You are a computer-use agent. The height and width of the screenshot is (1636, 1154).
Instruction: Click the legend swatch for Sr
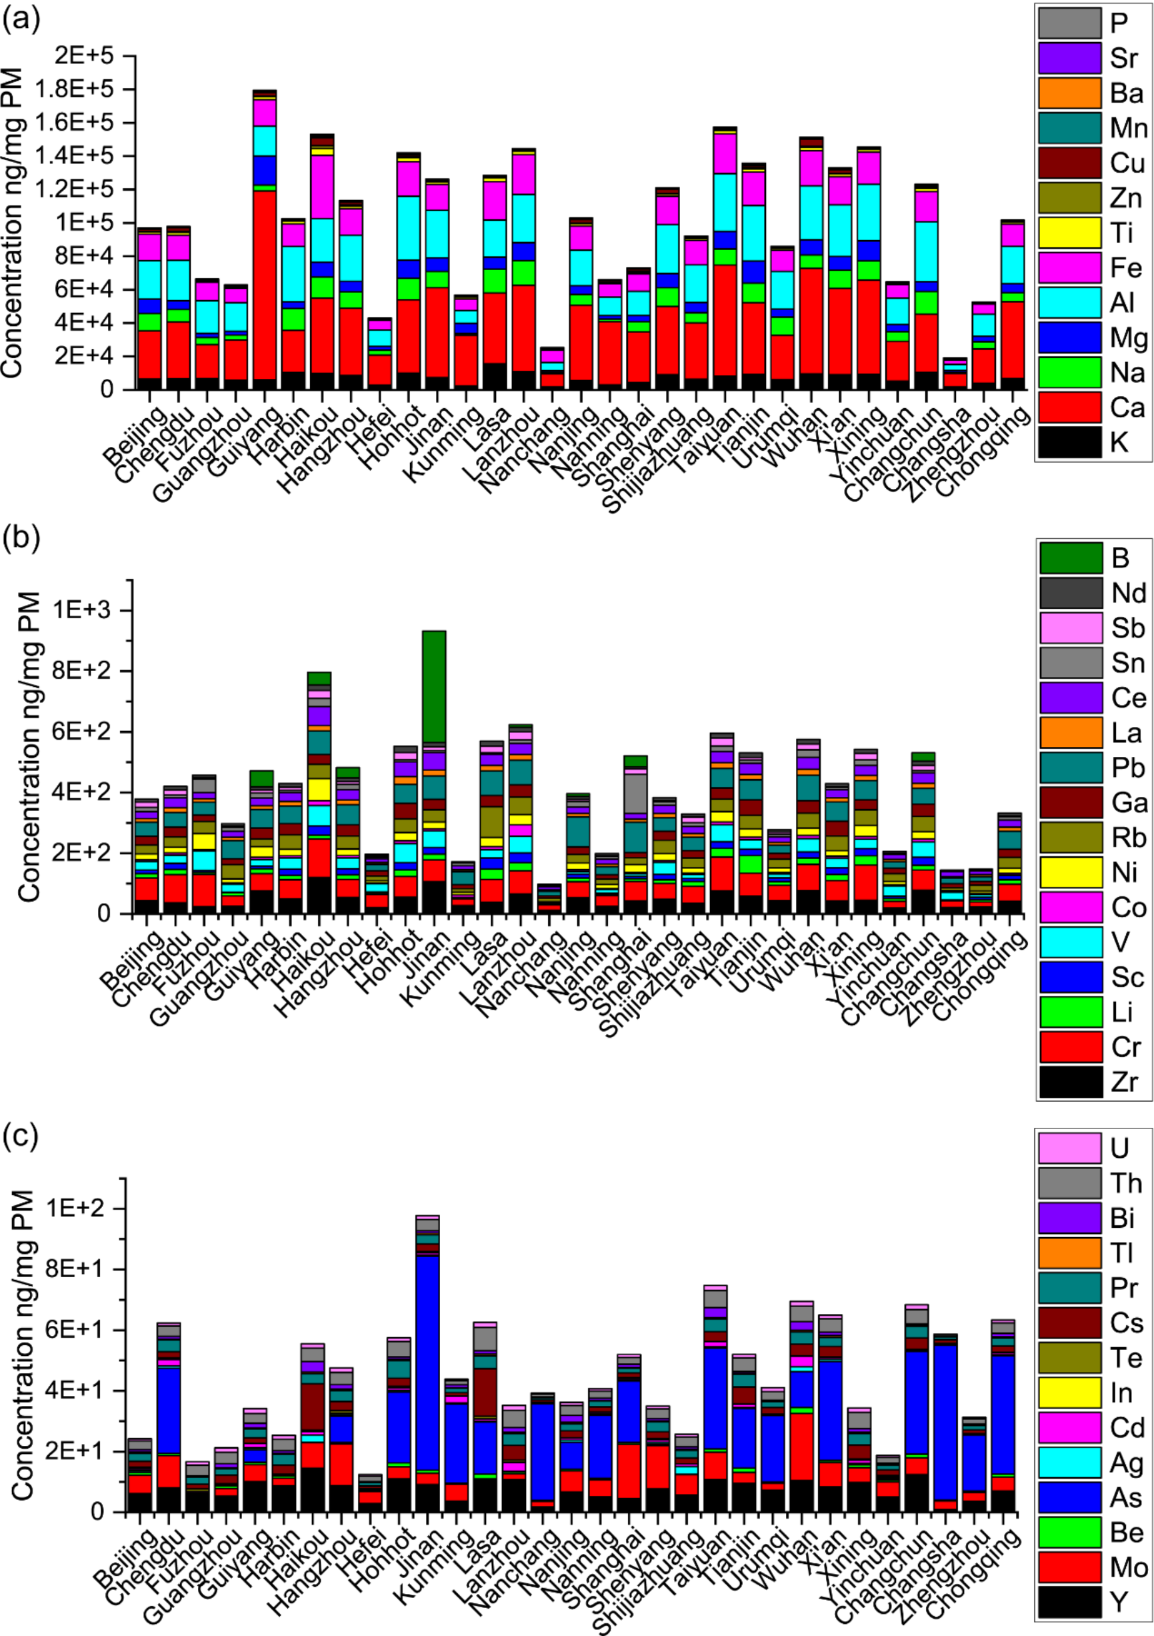point(1069,58)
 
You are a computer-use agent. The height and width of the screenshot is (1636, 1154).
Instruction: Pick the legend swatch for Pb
point(1071,768)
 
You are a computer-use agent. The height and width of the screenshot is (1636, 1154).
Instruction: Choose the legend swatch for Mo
point(1069,1567)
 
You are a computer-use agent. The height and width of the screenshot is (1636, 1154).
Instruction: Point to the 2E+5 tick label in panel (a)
point(84,55)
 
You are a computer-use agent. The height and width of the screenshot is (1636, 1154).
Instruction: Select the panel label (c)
point(21,1136)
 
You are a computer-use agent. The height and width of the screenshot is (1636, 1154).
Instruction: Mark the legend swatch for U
point(1069,1148)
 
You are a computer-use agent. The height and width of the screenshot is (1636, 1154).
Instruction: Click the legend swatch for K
point(1069,442)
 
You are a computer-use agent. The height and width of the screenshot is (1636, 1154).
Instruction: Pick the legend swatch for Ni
point(1071,872)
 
